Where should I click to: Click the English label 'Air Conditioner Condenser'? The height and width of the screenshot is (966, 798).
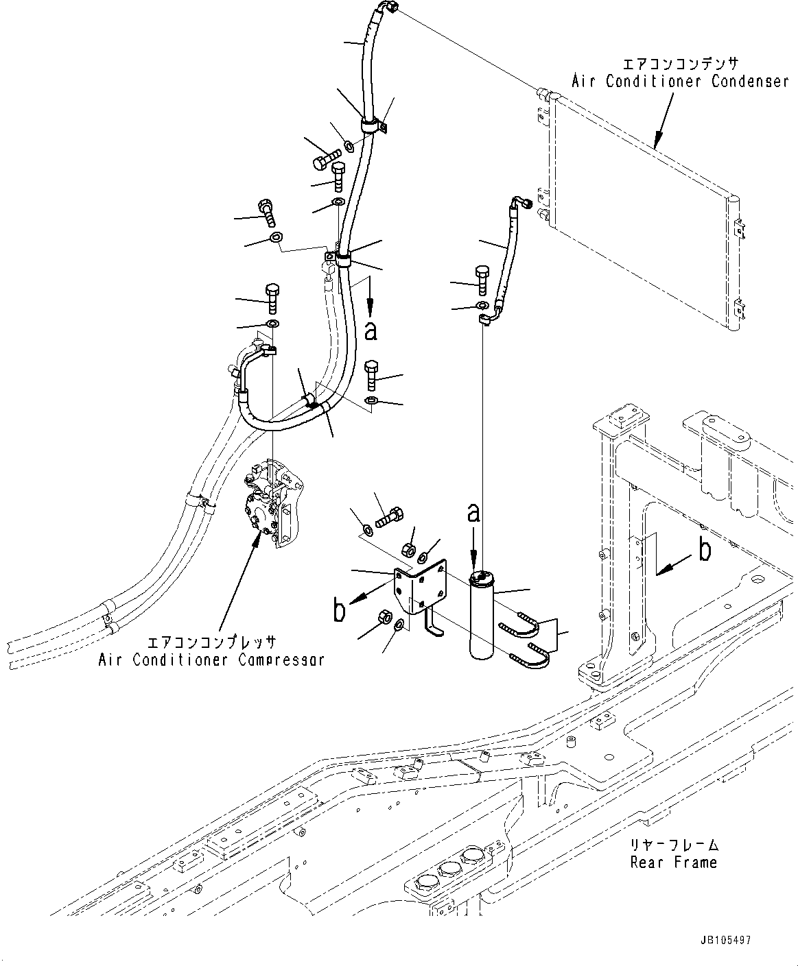680,82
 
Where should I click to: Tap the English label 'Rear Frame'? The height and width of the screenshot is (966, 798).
673,862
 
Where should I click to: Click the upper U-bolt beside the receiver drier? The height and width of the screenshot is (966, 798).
521,625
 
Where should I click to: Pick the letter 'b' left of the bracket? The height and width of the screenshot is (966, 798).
339,611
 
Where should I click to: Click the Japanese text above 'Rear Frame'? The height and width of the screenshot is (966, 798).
673,845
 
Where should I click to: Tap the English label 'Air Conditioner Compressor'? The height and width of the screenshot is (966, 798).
211,660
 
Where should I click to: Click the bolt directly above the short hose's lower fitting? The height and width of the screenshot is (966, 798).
481,276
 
